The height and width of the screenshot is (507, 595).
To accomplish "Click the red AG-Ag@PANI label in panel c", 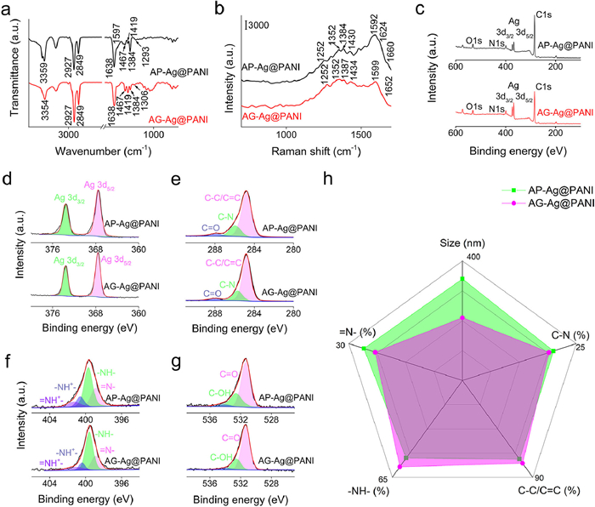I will point(559,111).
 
